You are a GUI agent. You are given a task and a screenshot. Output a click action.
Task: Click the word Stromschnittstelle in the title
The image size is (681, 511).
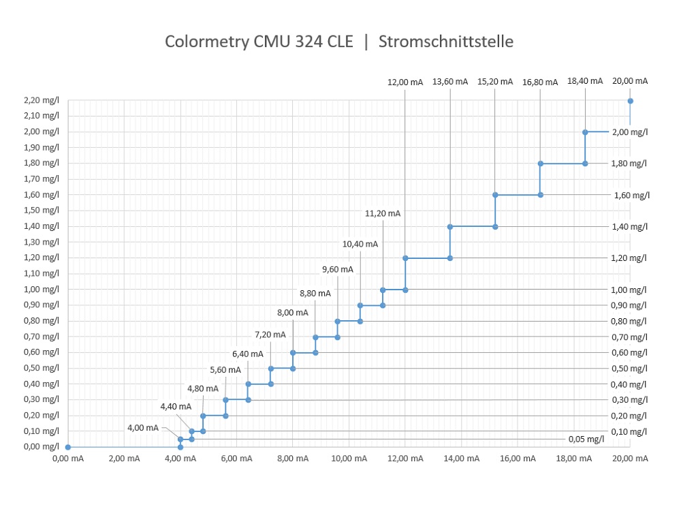[x=445, y=42]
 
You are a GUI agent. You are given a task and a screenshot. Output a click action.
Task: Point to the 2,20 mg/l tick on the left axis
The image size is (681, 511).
[x=42, y=100]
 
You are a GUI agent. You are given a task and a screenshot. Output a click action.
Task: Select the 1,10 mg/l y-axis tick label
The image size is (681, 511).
[x=42, y=273]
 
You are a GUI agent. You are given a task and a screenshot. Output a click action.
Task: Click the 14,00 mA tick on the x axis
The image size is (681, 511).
[x=461, y=459]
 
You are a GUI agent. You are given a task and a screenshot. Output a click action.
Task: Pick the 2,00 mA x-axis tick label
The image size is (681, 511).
[x=124, y=459]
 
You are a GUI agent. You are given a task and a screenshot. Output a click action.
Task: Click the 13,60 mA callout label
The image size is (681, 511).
[x=450, y=82]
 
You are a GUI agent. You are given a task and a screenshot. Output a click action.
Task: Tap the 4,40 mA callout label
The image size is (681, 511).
[x=176, y=406]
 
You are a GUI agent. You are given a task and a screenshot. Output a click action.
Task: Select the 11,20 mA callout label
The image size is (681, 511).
[x=383, y=213]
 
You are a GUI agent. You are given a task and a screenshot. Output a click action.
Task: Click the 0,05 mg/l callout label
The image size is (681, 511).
[x=586, y=439]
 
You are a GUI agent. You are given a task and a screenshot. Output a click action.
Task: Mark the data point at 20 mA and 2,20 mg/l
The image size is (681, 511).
[x=630, y=101]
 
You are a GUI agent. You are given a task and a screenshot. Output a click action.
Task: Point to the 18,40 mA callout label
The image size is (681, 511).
[x=585, y=80]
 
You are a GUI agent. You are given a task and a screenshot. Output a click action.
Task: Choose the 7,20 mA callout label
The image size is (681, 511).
[x=270, y=335]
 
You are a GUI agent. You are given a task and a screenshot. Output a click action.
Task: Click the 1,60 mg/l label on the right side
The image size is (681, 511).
[x=632, y=195]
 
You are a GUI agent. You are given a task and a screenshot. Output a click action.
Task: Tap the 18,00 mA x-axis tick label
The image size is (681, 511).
[x=574, y=459]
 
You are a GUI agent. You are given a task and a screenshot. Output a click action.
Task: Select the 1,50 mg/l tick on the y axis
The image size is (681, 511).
[x=42, y=211]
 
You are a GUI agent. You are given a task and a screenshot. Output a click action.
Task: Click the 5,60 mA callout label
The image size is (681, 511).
[x=225, y=370]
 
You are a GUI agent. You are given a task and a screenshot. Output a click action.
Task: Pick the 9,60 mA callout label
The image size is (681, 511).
[x=337, y=269]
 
